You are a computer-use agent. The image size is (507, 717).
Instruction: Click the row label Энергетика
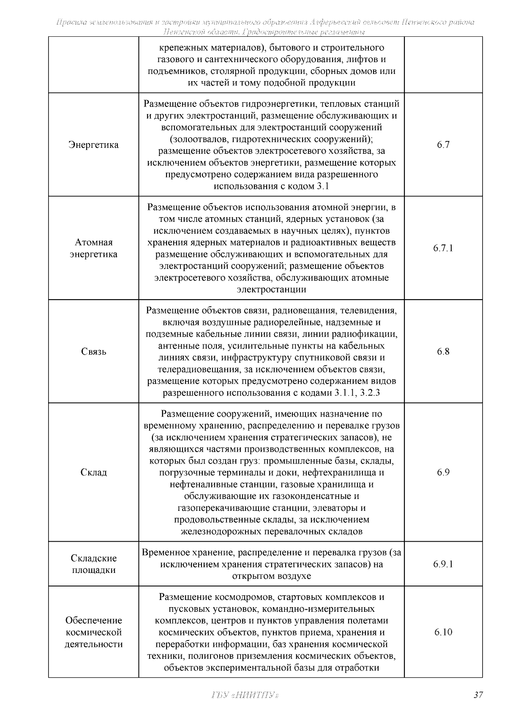93,145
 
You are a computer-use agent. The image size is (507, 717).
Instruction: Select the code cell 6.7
443,145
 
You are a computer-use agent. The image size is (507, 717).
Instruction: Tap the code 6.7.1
443,248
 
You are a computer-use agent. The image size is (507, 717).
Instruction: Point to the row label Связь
93,352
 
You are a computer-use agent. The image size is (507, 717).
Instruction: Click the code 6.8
443,352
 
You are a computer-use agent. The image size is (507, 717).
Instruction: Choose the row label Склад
93,472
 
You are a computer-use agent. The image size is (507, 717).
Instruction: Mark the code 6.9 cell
443,472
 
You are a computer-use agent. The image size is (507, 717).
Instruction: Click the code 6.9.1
443,564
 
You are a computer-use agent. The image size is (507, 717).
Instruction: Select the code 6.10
443,632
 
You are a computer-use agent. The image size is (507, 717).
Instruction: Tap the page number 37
478,695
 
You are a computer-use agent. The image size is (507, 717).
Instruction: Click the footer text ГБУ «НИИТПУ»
244,695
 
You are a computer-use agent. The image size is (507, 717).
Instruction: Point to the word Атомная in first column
93,243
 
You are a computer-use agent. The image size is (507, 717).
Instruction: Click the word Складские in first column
93,558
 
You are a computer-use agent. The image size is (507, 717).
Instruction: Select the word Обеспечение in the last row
93,620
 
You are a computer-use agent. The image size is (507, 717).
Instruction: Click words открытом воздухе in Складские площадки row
271,576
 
